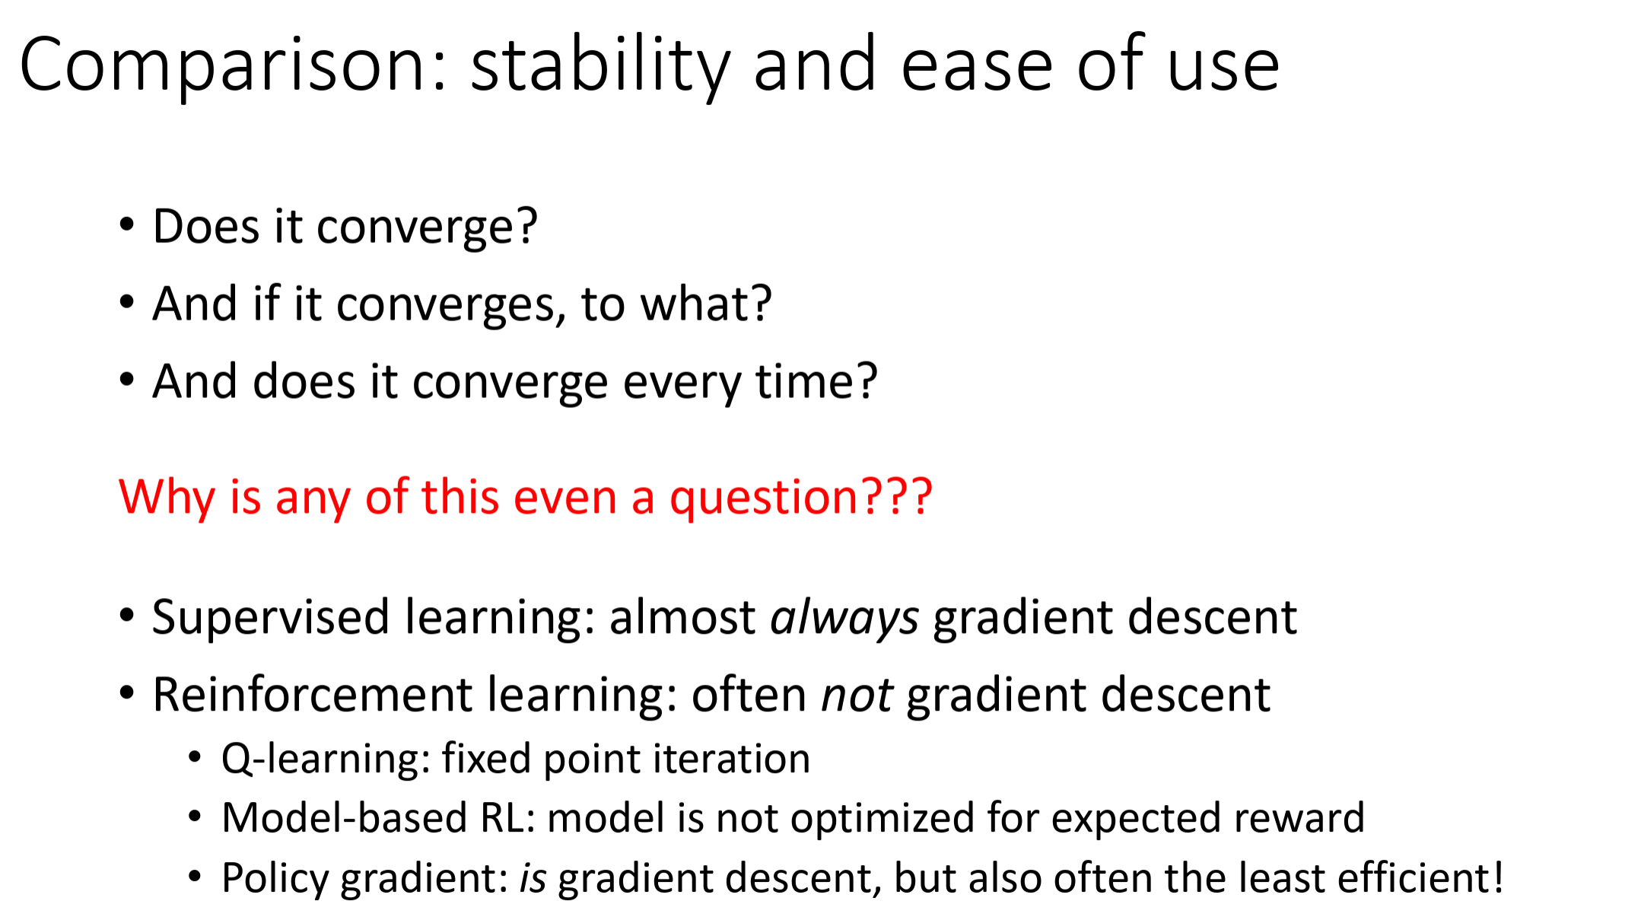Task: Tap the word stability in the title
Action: pyautogui.click(x=600, y=67)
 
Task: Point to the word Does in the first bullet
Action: pyautogui.click(x=206, y=227)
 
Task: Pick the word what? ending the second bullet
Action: pyautogui.click(x=705, y=303)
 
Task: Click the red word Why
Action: pyautogui.click(x=167, y=498)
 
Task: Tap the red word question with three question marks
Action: pyautogui.click(x=800, y=498)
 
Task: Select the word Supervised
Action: pyautogui.click(x=271, y=617)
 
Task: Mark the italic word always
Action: pyautogui.click(x=844, y=617)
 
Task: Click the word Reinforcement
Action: pyautogui.click(x=313, y=695)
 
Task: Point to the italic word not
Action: pyautogui.click(x=857, y=696)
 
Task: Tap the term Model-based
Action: pyautogui.click(x=344, y=818)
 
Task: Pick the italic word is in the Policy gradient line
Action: pyautogui.click(x=533, y=878)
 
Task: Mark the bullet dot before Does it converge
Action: pyautogui.click(x=127, y=225)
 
